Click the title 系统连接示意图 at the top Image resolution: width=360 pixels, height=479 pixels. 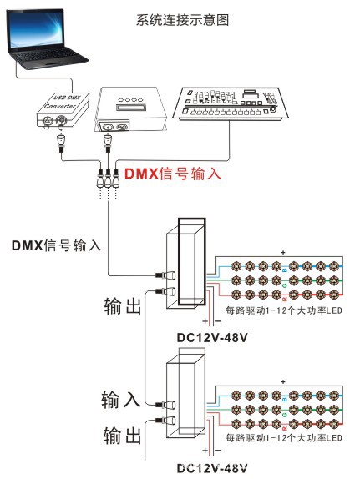(x=180, y=18)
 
